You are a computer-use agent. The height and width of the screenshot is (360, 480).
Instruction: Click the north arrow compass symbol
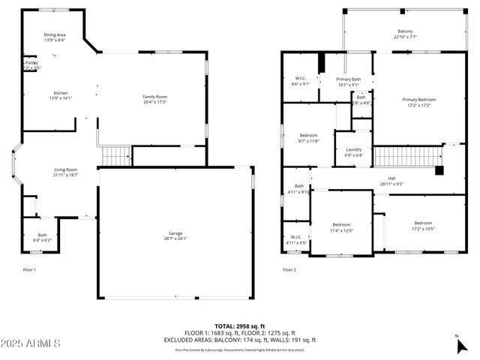point(460,344)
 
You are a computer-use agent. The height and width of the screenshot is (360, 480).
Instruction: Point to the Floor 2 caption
point(289,269)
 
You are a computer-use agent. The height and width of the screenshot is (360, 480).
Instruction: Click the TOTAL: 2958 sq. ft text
point(239,325)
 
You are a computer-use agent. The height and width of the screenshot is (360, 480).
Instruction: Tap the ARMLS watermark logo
point(31,343)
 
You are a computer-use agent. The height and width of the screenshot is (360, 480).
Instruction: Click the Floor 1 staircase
point(115,156)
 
